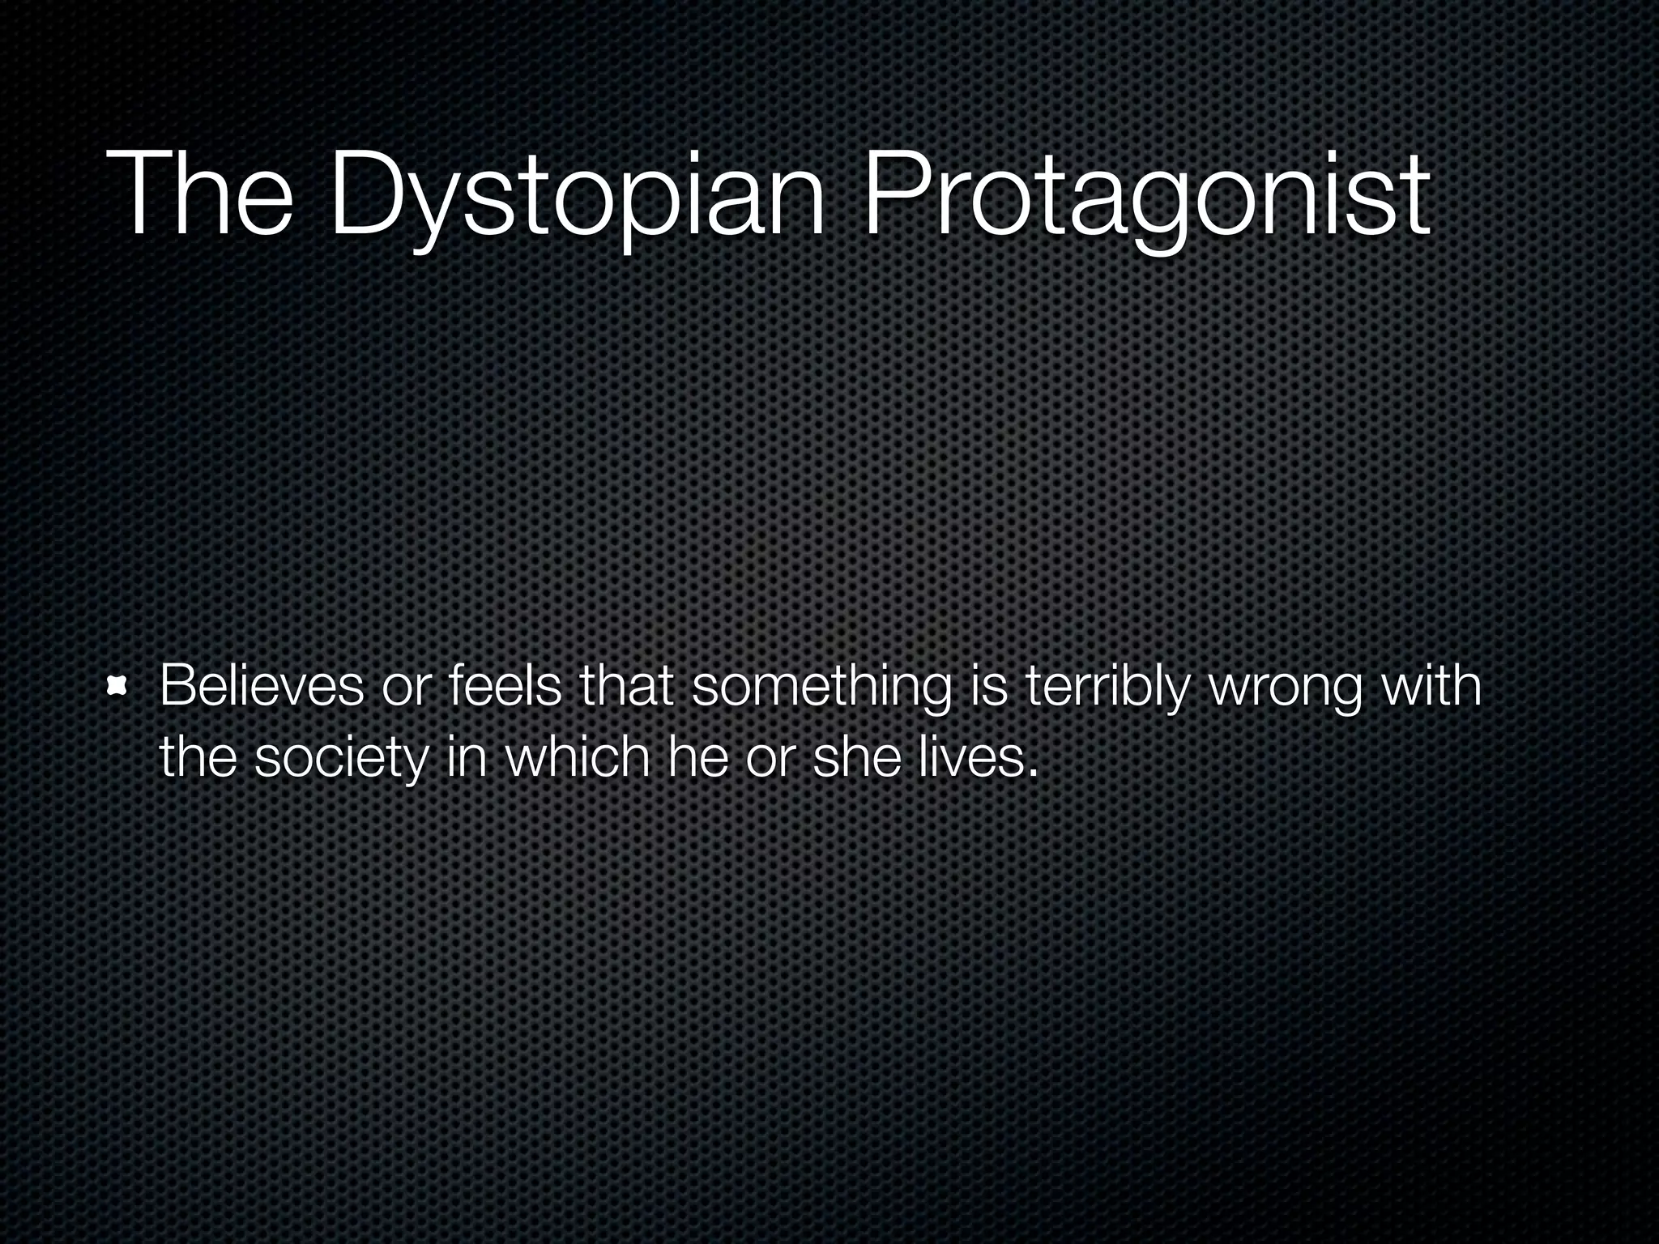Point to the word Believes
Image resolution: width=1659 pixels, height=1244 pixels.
point(262,686)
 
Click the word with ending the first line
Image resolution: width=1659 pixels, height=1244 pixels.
point(1431,686)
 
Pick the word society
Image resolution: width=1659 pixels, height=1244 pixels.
point(340,759)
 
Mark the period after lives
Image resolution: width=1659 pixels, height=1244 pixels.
point(1032,773)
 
